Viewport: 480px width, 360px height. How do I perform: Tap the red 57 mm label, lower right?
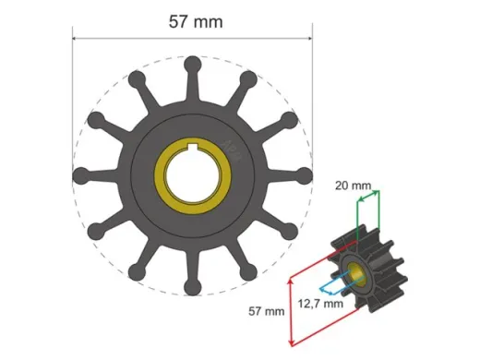point(268,312)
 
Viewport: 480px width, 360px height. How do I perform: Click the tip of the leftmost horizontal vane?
point(80,175)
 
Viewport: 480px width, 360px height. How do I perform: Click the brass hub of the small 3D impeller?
point(354,272)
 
